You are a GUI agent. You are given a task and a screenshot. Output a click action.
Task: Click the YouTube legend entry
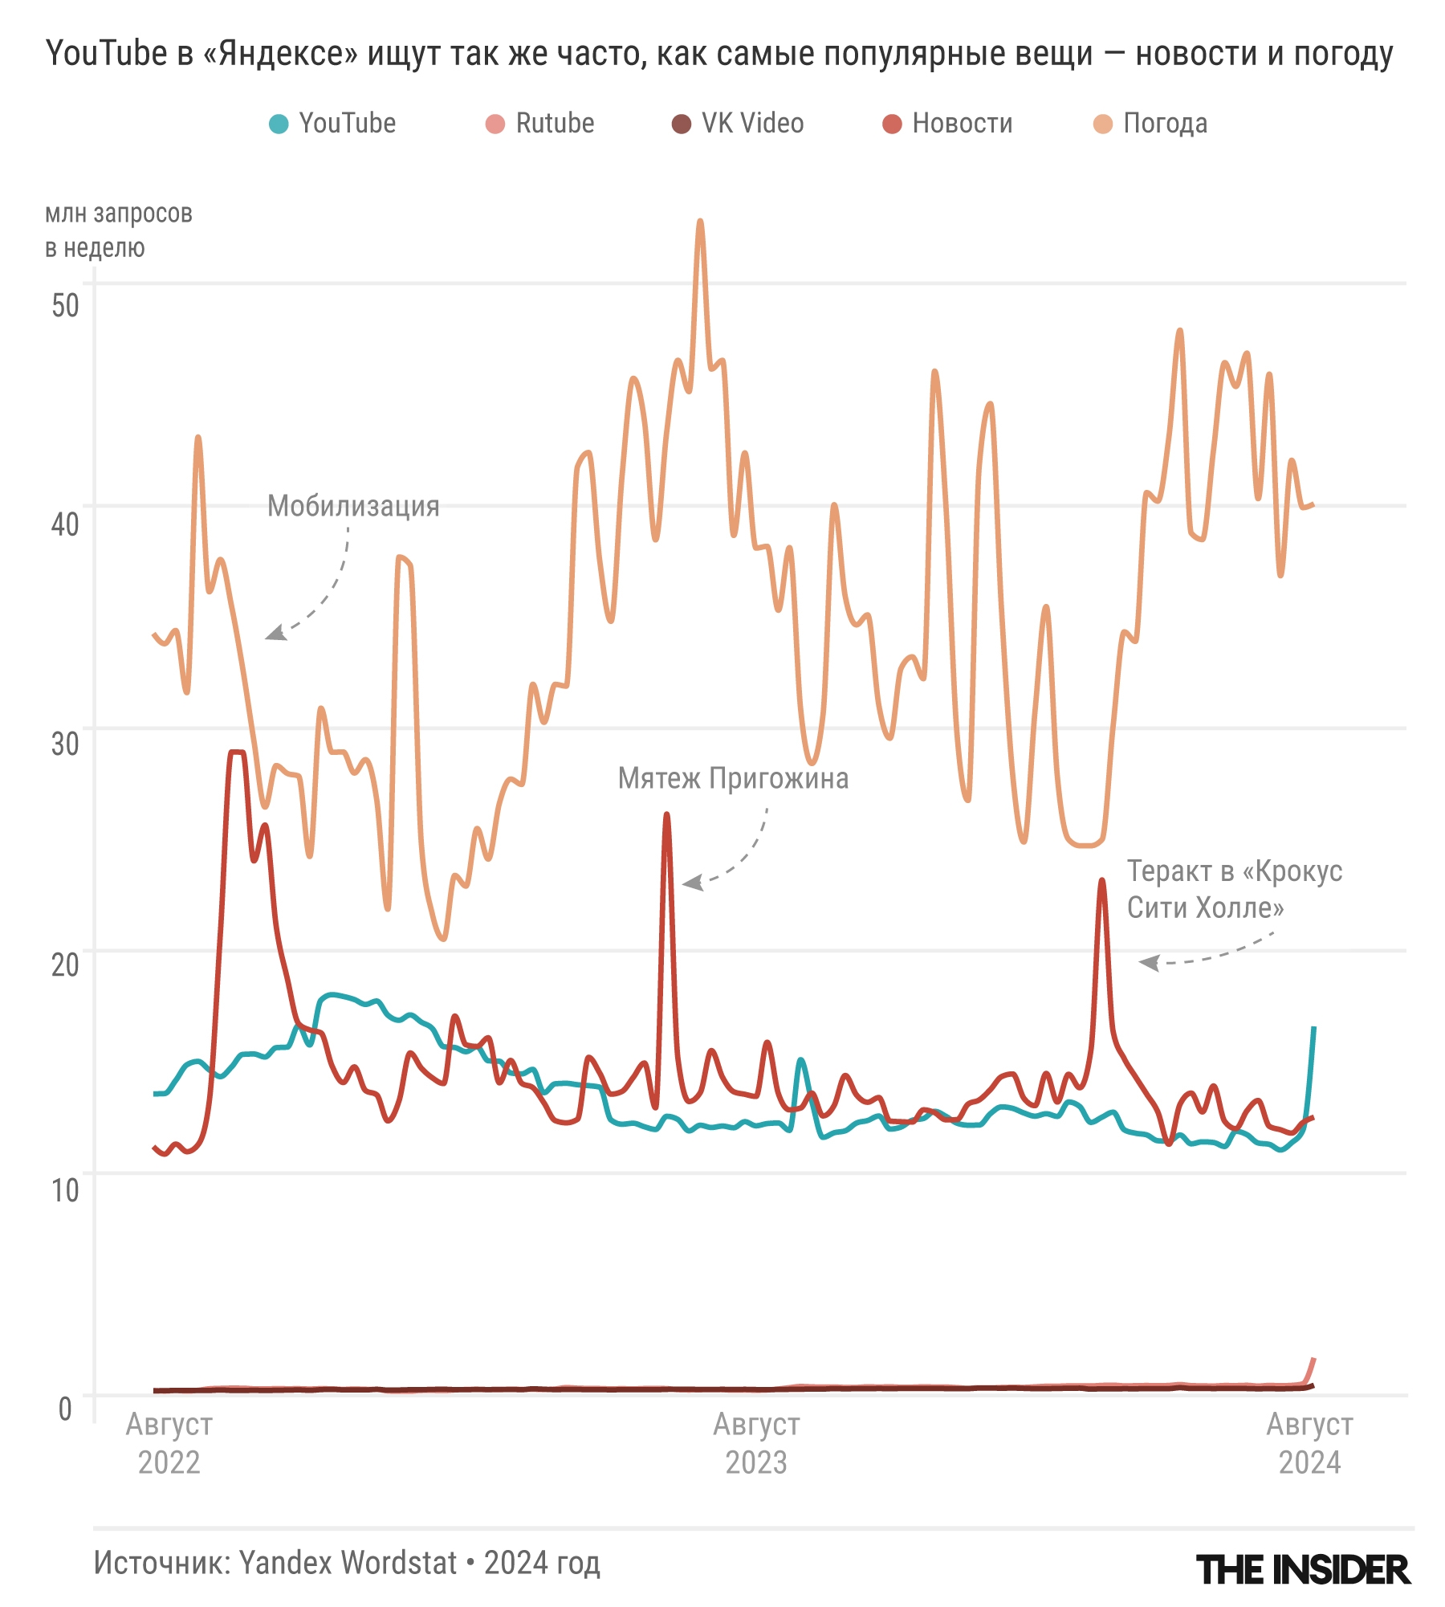332,124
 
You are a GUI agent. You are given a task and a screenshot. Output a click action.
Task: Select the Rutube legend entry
540,124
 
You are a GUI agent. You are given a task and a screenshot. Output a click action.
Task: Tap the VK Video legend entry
738,124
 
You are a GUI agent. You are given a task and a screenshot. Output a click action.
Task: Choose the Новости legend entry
947,124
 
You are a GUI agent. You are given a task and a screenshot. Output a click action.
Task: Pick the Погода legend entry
1150,124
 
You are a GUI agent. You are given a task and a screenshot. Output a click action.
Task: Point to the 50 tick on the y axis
65,306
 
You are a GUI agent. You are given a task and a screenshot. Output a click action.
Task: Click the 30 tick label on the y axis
65,744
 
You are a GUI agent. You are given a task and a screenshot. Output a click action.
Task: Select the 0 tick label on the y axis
65,1409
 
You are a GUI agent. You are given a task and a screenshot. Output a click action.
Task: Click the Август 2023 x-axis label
756,1443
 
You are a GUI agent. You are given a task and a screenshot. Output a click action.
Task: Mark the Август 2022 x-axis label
169,1443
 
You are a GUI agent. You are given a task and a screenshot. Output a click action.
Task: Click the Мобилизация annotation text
353,507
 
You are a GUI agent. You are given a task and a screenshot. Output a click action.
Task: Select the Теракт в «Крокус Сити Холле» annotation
1234,890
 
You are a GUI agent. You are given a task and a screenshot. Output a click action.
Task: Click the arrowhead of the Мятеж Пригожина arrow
690,883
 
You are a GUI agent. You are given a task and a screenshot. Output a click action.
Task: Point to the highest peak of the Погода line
701,221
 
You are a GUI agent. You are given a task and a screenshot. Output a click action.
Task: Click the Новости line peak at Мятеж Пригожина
666,815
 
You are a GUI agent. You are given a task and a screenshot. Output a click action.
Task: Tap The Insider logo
1303,1569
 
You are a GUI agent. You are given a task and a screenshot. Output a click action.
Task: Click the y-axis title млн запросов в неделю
118,230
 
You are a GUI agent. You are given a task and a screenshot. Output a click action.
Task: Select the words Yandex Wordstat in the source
348,1563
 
